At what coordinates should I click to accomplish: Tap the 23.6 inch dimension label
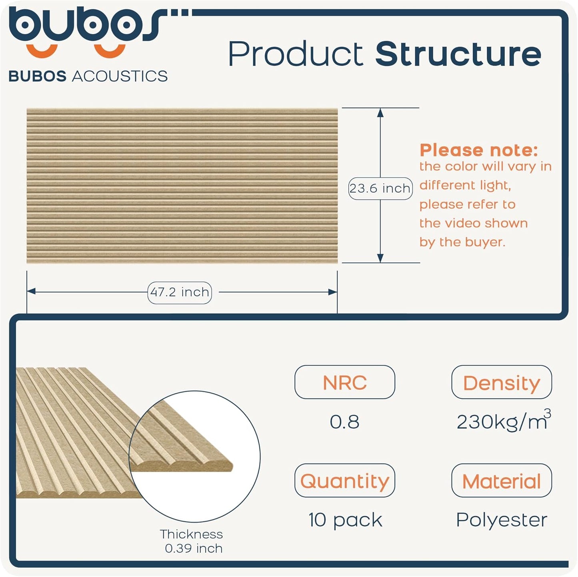click(380, 188)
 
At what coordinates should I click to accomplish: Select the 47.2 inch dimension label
click(180, 292)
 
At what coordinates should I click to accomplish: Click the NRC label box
click(344, 382)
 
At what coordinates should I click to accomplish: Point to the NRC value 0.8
click(344, 422)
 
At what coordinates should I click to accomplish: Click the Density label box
click(501, 382)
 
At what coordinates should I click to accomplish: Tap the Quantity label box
click(344, 481)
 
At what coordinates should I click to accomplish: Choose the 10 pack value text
click(345, 520)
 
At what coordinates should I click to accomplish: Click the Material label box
click(501, 481)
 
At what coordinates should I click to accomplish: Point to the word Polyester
click(501, 520)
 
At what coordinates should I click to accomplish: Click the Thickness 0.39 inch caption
click(192, 541)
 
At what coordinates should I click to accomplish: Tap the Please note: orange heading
click(478, 150)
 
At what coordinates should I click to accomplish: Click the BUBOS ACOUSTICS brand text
click(88, 76)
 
